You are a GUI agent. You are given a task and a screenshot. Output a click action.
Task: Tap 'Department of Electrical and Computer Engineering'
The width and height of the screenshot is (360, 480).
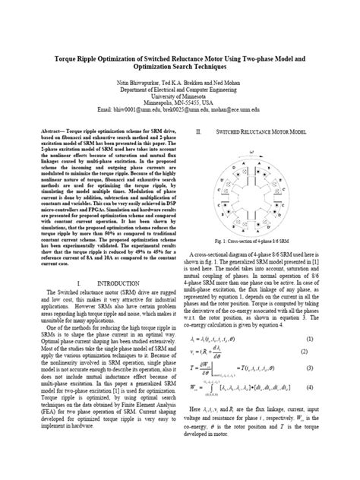tap(180, 88)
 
